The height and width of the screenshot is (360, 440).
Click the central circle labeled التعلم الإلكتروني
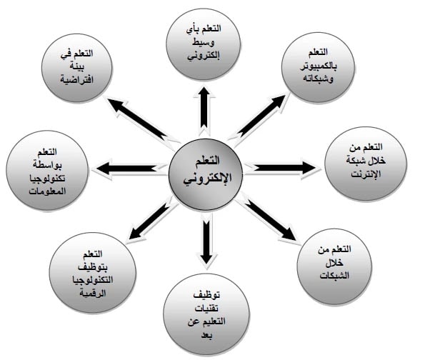coord(206,174)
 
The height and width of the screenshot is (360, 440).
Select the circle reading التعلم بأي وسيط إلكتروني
coord(204,44)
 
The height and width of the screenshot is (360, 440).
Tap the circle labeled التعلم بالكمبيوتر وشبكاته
coord(318,67)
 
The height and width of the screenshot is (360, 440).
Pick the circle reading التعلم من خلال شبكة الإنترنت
coord(366,164)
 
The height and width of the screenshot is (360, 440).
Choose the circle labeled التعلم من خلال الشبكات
coord(334,266)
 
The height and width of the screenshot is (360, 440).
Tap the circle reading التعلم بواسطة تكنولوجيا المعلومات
coord(47,170)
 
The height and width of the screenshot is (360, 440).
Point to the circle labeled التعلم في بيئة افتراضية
coord(77,68)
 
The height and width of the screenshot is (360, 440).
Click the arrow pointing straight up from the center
coord(204,111)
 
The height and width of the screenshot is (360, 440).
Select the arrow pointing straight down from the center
coord(206,239)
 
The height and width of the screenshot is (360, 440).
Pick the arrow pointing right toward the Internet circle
coord(282,168)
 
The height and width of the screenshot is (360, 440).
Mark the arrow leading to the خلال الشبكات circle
coord(266,218)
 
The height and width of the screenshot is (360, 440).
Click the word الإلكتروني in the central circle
coord(207,179)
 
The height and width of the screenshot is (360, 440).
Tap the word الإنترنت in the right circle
coord(366,174)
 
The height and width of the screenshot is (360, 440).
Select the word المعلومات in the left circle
coord(47,191)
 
